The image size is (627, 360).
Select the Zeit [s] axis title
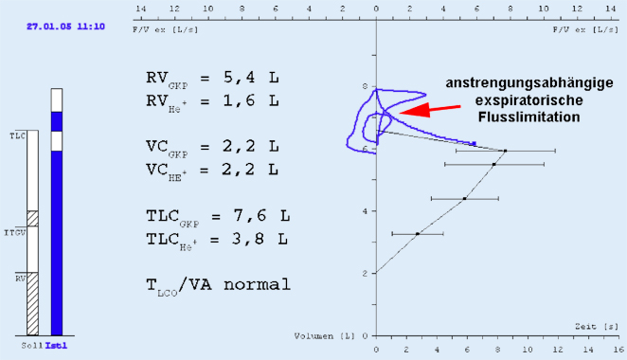(591, 326)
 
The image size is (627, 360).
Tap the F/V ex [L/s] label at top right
(584, 29)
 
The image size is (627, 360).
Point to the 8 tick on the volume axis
(366, 87)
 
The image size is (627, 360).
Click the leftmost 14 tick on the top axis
(140, 9)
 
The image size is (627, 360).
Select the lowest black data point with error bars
(418, 233)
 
